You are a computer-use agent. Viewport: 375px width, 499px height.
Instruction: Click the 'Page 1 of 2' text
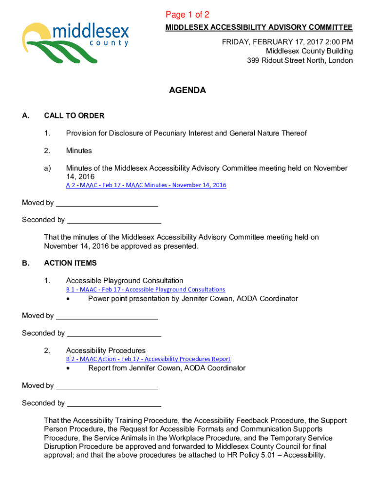(x=187, y=15)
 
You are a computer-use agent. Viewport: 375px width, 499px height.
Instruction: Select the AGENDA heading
(x=187, y=91)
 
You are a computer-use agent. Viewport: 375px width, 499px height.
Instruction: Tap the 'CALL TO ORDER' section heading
(x=74, y=116)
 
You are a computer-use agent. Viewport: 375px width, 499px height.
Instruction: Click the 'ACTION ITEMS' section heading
(x=70, y=263)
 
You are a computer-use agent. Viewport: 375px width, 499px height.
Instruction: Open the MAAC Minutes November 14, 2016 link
(x=146, y=185)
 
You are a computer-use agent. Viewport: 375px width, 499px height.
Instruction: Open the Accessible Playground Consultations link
(x=146, y=289)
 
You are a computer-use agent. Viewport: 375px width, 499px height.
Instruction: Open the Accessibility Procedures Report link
(x=148, y=359)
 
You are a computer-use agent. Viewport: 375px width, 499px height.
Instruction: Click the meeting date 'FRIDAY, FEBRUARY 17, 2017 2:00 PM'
(x=287, y=42)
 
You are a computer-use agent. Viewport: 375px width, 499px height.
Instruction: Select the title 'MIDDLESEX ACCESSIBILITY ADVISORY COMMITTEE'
(x=259, y=28)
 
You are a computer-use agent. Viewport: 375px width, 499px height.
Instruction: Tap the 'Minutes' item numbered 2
(x=79, y=151)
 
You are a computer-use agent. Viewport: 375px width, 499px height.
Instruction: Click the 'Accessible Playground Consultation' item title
(x=125, y=281)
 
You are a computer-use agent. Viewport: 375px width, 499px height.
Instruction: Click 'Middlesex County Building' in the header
(x=309, y=51)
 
